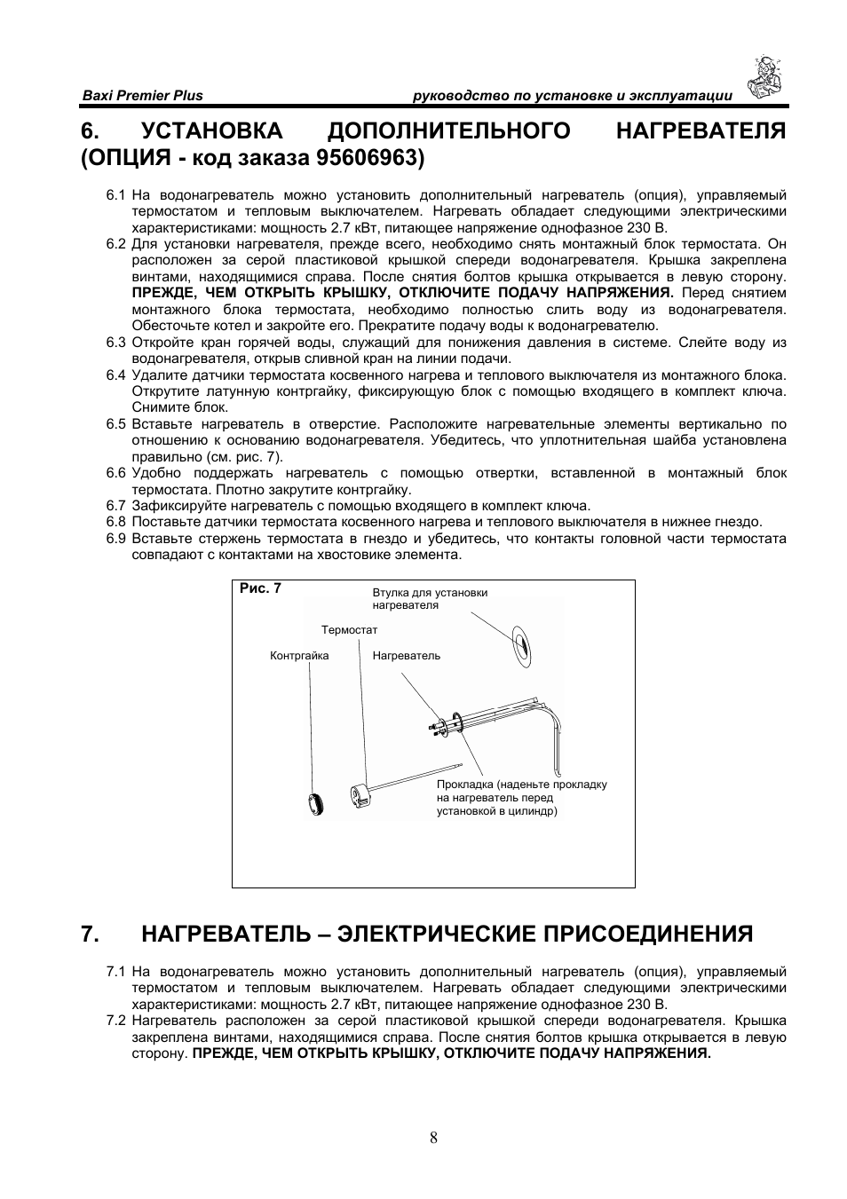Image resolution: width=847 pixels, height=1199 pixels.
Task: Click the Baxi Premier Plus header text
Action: coord(142,96)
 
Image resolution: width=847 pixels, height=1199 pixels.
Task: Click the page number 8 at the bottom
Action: coord(433,1139)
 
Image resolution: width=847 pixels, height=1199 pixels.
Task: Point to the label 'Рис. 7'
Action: coord(260,588)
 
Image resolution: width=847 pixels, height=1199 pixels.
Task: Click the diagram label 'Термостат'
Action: coord(349,630)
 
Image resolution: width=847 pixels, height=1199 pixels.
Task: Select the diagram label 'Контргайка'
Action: coord(299,656)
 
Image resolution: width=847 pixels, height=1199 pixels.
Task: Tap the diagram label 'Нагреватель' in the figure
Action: coord(406,656)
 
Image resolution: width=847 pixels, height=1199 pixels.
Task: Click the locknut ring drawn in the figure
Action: coord(313,802)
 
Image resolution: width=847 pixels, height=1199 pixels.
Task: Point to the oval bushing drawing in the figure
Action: coord(521,647)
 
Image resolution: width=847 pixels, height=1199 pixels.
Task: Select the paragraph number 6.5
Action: coord(116,424)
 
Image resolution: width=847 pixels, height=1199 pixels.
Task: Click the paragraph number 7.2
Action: coord(116,1021)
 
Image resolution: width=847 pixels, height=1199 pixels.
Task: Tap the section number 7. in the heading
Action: coord(89,934)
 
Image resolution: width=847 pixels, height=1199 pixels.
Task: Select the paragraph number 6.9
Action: coord(116,539)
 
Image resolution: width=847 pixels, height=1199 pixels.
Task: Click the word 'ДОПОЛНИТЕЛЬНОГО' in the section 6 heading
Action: coord(449,130)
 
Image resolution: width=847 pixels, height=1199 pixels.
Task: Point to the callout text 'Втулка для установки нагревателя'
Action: coord(430,599)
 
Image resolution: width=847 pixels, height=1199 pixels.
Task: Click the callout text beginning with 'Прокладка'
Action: coord(521,797)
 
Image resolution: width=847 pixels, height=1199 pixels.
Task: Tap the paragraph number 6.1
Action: coord(116,195)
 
